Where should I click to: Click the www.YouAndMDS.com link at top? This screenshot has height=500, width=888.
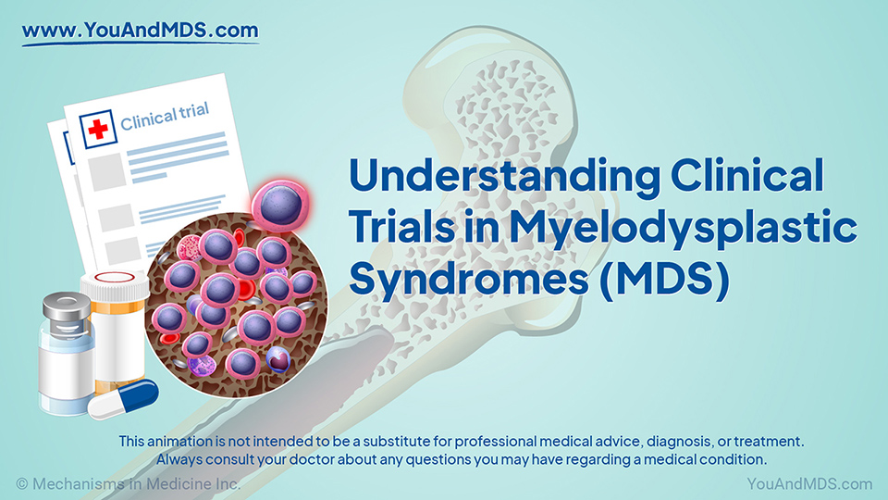coord(140,31)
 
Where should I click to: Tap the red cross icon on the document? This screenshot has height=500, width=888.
coord(95,130)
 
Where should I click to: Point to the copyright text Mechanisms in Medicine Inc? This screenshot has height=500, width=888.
coord(129,484)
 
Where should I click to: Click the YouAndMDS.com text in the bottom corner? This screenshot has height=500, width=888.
coord(809,484)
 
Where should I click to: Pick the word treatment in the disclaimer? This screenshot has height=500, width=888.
coord(734,442)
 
